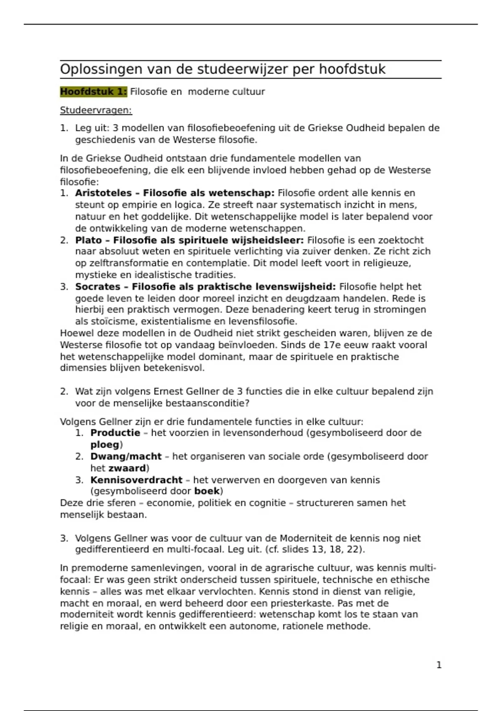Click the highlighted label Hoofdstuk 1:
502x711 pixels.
(x=93, y=92)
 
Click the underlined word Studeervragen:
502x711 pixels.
(x=96, y=110)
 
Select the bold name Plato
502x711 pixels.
(x=88, y=240)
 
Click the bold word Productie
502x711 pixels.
(x=115, y=433)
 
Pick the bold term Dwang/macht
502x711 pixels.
(x=126, y=456)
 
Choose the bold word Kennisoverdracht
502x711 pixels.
(x=136, y=480)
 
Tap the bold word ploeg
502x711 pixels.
(x=105, y=445)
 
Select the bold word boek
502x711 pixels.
(x=207, y=491)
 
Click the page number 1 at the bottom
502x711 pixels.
(x=439, y=665)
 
